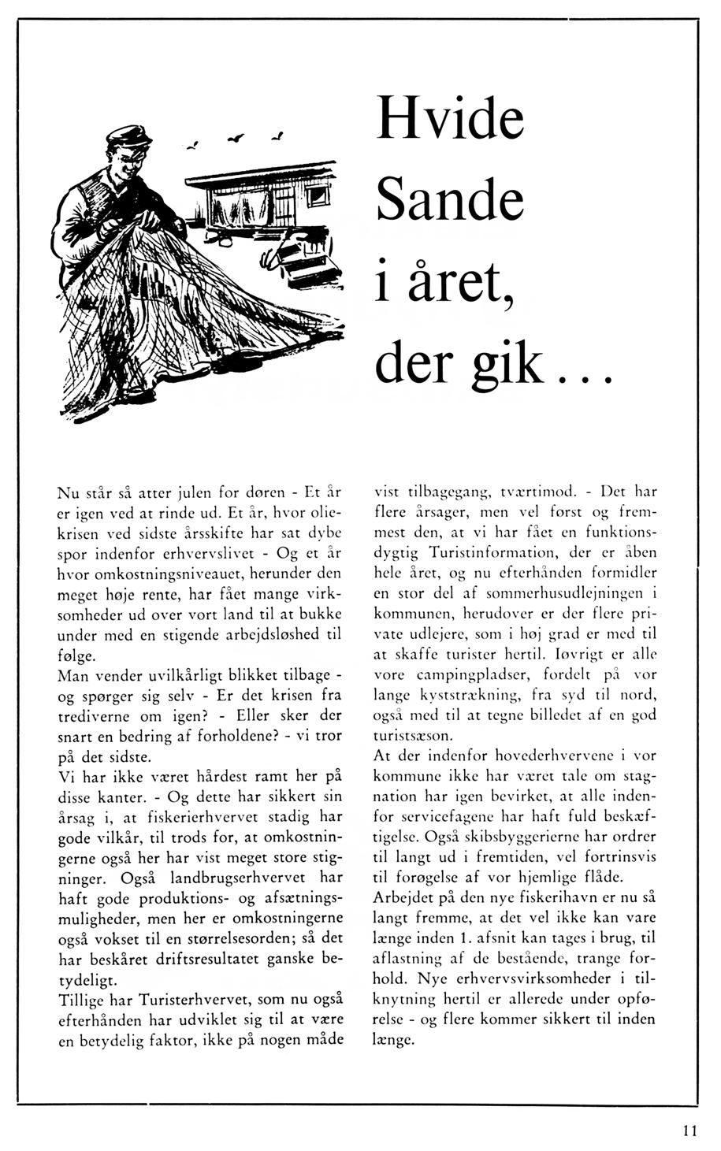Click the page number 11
point(690,1131)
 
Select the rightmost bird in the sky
point(277,137)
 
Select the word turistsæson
point(413,735)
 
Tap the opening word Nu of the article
point(70,494)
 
